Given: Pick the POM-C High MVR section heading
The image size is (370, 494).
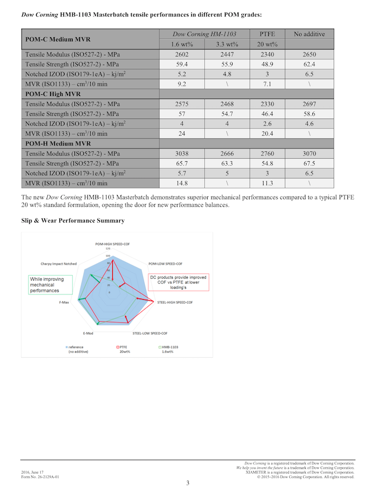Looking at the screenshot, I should [52, 94].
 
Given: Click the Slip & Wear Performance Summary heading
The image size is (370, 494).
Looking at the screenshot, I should [73, 221].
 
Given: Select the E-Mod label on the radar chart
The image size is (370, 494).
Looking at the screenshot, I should [88, 333].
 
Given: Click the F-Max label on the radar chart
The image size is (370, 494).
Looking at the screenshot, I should [65, 303].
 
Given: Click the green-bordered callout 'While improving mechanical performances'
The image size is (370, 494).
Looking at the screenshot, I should [49, 285].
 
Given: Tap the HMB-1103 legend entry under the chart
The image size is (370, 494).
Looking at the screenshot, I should [168, 347].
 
